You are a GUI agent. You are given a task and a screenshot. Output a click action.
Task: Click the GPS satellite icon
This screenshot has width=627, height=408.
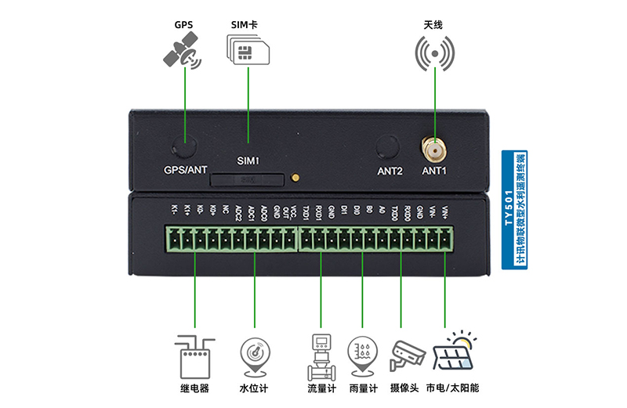coord(183,52)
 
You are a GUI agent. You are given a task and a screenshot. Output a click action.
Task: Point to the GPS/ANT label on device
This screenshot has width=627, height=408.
coord(186,170)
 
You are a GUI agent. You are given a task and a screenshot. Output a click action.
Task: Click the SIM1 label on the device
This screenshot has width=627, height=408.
coord(248,161)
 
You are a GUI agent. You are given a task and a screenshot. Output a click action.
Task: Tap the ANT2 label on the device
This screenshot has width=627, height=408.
coord(390,170)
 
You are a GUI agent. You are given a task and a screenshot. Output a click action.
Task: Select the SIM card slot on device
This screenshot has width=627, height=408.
coord(247,179)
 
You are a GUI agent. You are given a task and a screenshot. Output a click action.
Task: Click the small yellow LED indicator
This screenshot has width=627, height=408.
coord(295,178)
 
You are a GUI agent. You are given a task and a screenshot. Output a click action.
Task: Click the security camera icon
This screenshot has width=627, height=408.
coord(406,355)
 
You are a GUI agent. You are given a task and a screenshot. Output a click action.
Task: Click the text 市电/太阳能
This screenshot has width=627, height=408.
coord(452,388)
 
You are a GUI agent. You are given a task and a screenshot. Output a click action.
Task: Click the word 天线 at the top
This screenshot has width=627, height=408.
coord(433,25)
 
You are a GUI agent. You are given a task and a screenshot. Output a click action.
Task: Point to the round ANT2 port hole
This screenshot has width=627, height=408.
coord(389,147)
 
